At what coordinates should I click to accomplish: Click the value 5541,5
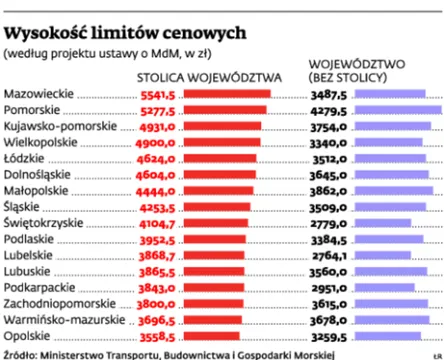coord(157,94)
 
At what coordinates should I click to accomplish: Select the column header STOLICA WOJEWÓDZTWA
coord(208,76)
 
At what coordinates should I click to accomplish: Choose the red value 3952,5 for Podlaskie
coord(157,240)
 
